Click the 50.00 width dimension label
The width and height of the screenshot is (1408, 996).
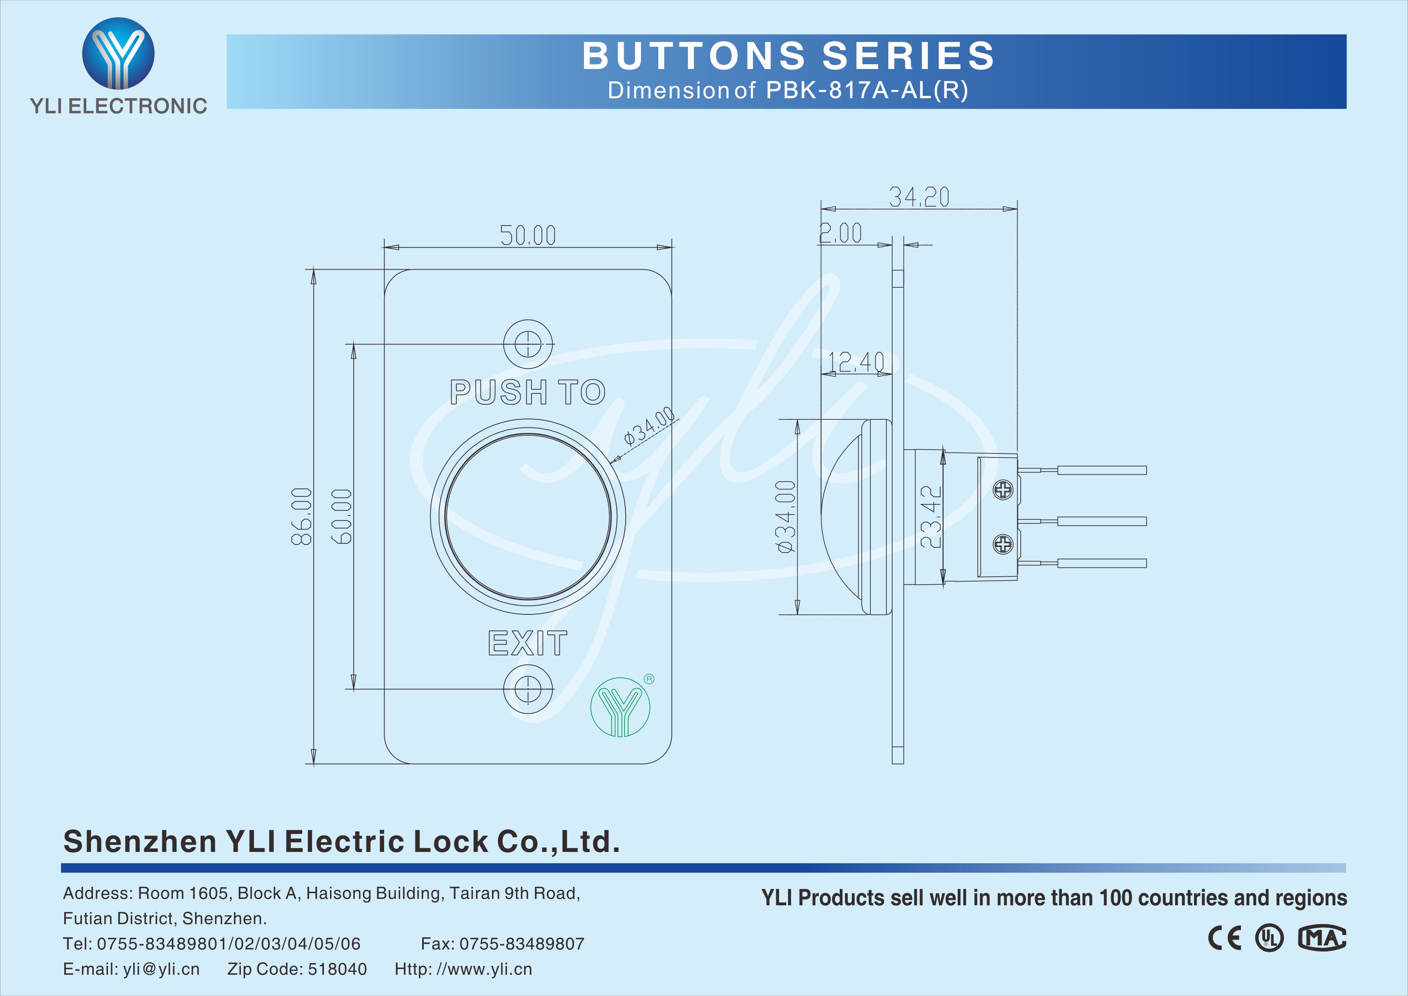pyautogui.click(x=527, y=235)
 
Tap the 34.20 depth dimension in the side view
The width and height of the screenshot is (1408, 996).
pyautogui.click(x=919, y=197)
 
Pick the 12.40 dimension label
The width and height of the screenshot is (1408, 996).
pyautogui.click(x=856, y=362)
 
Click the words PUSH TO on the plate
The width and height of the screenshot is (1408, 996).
pyautogui.click(x=527, y=392)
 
